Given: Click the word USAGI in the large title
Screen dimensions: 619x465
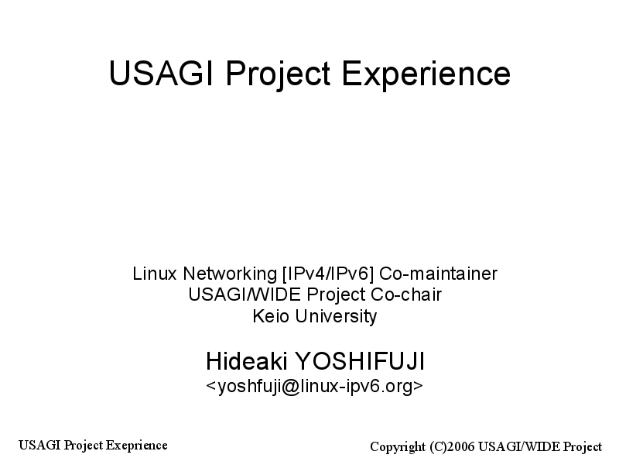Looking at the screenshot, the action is [x=161, y=73].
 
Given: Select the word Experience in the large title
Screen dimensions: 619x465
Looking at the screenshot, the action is [x=426, y=74].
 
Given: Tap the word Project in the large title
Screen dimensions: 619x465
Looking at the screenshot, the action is [x=278, y=74].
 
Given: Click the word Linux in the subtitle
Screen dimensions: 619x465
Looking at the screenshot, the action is [x=154, y=274].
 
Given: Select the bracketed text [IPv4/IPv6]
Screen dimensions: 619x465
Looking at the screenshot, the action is [x=328, y=274].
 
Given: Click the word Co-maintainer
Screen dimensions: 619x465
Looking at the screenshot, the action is [x=438, y=274].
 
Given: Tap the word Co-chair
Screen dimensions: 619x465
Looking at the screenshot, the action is [x=406, y=294].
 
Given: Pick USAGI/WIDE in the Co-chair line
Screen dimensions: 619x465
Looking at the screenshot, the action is [x=245, y=294].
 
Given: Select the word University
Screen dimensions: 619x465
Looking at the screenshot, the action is [x=336, y=317].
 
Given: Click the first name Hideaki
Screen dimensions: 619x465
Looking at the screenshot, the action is [x=246, y=361].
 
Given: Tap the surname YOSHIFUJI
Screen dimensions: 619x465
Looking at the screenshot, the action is [x=360, y=361].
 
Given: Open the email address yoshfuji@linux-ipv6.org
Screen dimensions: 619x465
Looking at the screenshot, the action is [x=315, y=386].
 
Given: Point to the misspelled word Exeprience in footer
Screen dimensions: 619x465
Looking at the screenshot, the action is [x=137, y=446].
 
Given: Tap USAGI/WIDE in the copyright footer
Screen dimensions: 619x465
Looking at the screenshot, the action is [x=519, y=446].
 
